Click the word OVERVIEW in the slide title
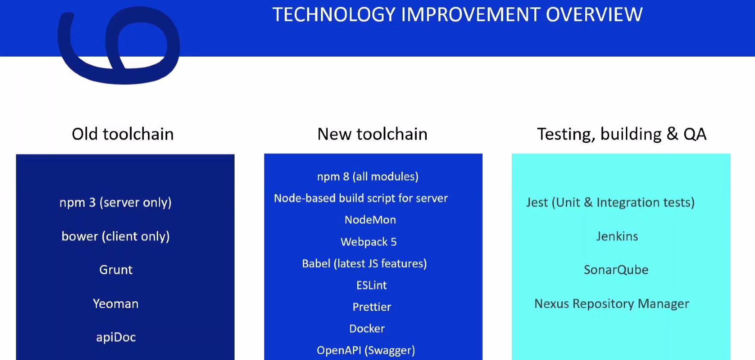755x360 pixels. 594,15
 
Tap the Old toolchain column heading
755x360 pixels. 123,134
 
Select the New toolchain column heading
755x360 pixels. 372,134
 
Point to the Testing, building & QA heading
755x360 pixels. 622,135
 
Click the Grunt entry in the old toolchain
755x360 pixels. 116,270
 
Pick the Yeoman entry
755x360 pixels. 116,303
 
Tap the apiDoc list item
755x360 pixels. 116,337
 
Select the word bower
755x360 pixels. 80,236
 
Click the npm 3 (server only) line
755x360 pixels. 115,202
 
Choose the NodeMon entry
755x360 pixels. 370,220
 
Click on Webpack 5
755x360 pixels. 368,242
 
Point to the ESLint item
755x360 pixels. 371,285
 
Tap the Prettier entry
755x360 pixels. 371,307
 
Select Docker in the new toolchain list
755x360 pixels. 367,328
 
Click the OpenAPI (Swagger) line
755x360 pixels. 366,351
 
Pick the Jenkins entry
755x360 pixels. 617,236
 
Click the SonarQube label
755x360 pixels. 616,270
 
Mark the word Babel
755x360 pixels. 316,263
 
